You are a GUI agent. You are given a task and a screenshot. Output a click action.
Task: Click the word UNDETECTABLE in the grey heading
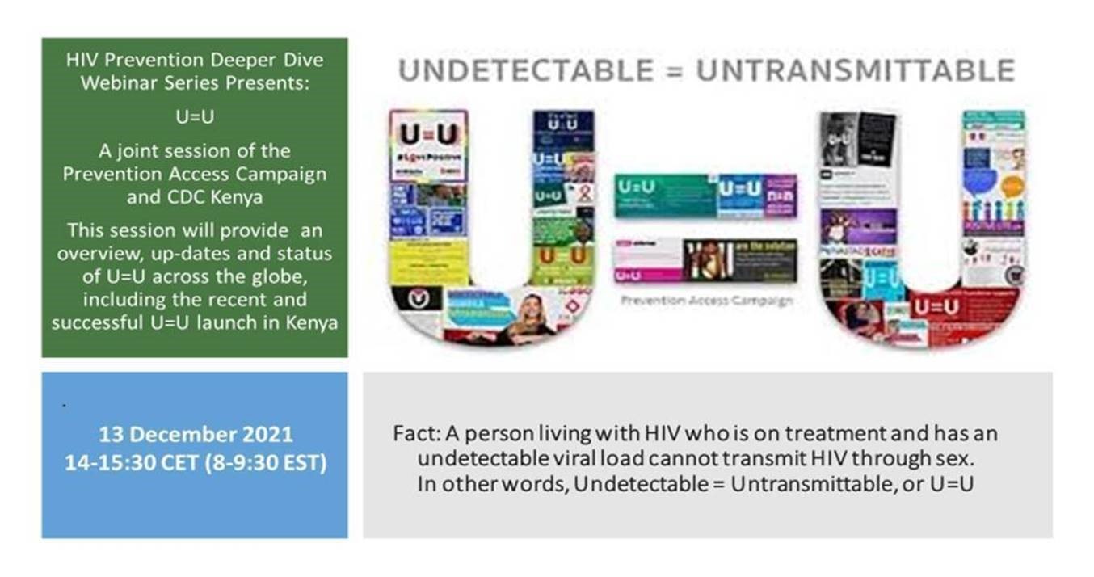(x=527, y=71)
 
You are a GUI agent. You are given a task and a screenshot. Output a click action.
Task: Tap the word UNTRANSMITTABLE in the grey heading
(x=856, y=71)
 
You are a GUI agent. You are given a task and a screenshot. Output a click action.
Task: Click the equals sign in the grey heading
(x=675, y=71)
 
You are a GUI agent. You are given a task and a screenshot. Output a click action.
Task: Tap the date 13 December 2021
(x=196, y=435)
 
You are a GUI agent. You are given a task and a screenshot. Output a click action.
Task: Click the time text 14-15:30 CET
(x=143, y=465)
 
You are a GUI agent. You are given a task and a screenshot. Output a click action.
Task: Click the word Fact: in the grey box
(x=414, y=434)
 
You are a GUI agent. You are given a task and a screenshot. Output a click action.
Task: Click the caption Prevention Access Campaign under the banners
(x=705, y=301)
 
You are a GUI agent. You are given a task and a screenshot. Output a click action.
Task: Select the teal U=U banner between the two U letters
(x=664, y=195)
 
